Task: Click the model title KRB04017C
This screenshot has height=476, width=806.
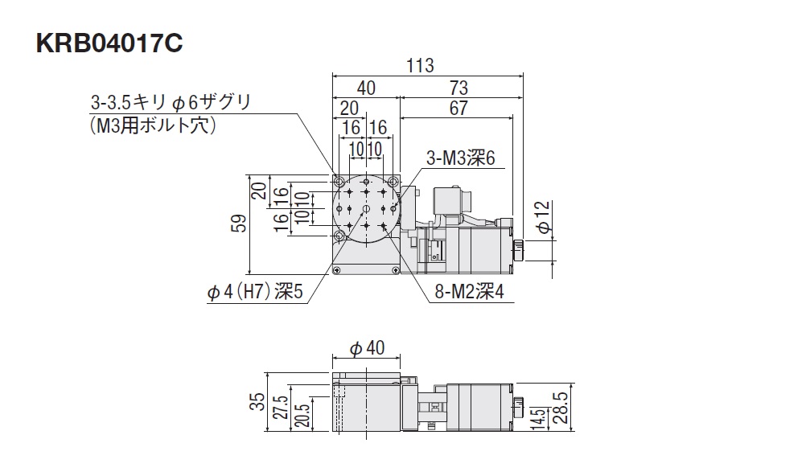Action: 109,43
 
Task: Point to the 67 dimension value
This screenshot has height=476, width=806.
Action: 459,109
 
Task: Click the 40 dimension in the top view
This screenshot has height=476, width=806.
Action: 366,88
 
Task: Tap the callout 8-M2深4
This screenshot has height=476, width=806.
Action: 468,293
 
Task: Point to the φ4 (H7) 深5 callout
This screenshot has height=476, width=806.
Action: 255,293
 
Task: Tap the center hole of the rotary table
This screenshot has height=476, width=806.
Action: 366,209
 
